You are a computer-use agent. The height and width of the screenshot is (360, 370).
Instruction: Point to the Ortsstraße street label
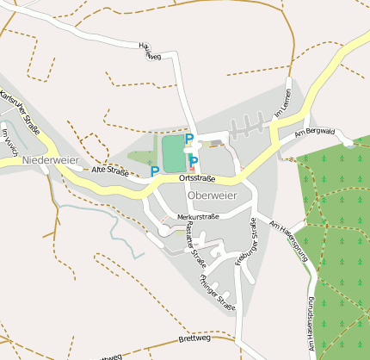[196, 178]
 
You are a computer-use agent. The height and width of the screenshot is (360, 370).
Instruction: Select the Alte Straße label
[109, 171]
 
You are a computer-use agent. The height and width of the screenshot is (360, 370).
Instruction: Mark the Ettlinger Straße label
[217, 291]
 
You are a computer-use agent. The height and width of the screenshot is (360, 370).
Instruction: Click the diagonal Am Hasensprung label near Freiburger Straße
[288, 233]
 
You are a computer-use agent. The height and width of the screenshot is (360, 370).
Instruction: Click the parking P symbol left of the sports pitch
[155, 171]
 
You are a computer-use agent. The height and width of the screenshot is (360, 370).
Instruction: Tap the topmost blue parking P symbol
[189, 139]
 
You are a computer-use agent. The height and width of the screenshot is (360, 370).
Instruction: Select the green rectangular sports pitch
[173, 153]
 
